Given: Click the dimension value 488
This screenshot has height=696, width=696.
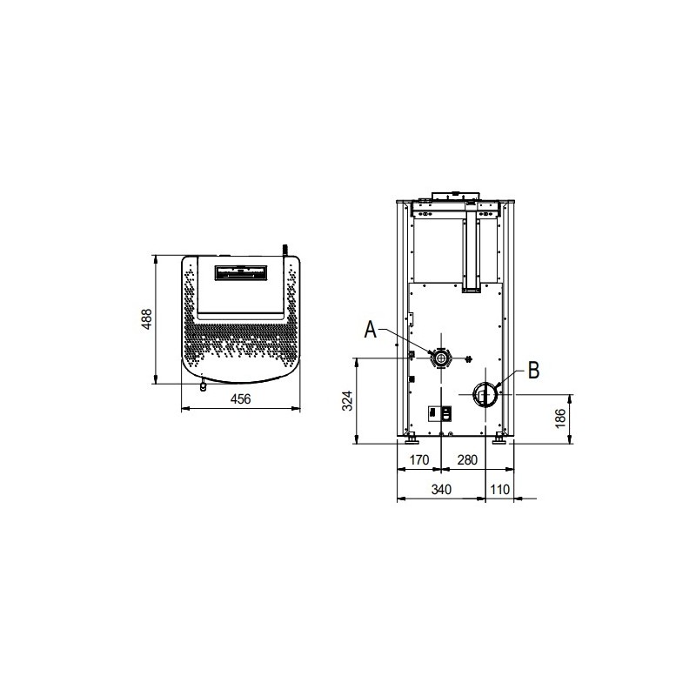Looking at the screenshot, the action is [147, 318].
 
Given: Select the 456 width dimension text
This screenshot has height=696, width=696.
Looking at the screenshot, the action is [241, 399].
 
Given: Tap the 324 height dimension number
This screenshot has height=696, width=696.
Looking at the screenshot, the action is [347, 400].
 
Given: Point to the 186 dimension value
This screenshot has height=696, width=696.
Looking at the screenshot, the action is [560, 418].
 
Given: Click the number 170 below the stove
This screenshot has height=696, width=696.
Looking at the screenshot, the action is [419, 460].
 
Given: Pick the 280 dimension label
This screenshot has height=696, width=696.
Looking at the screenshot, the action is [467, 460].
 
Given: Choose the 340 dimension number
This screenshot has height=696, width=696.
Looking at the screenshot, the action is [441, 489].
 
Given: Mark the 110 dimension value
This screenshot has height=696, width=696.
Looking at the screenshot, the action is [499, 489].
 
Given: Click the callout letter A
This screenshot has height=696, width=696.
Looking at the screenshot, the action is [371, 330].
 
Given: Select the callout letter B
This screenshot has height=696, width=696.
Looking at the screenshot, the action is [533, 371].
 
